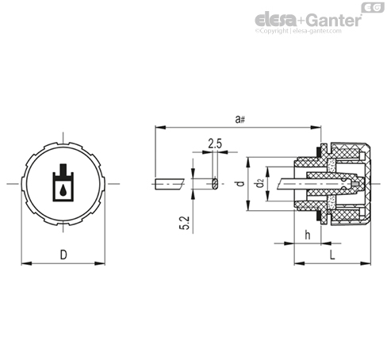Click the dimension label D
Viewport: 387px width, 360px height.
coord(63,255)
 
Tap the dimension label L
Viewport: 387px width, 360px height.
coord(332,255)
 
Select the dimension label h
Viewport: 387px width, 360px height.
coord(308,235)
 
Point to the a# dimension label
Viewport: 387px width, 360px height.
coord(240,119)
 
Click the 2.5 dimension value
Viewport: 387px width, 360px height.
coord(215,144)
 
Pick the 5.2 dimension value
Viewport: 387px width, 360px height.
coord(185,223)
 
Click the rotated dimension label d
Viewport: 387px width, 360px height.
coord(240,183)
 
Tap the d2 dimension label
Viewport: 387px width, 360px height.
coord(260,184)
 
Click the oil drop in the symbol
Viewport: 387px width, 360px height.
coord(63,190)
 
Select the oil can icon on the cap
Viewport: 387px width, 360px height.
coord(63,182)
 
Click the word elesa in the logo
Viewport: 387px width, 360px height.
coord(275,21)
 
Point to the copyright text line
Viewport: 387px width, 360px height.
coord(298,31)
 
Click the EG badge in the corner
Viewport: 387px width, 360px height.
coord(373,7)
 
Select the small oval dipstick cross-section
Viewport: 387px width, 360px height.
coord(215,183)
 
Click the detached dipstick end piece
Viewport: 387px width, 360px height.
coord(169,184)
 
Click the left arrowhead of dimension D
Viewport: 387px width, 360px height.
coord(26,263)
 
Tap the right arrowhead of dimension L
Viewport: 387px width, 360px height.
coord(366,263)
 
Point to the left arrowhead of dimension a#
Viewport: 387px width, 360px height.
coord(160,128)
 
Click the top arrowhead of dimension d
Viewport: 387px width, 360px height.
coord(248,163)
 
